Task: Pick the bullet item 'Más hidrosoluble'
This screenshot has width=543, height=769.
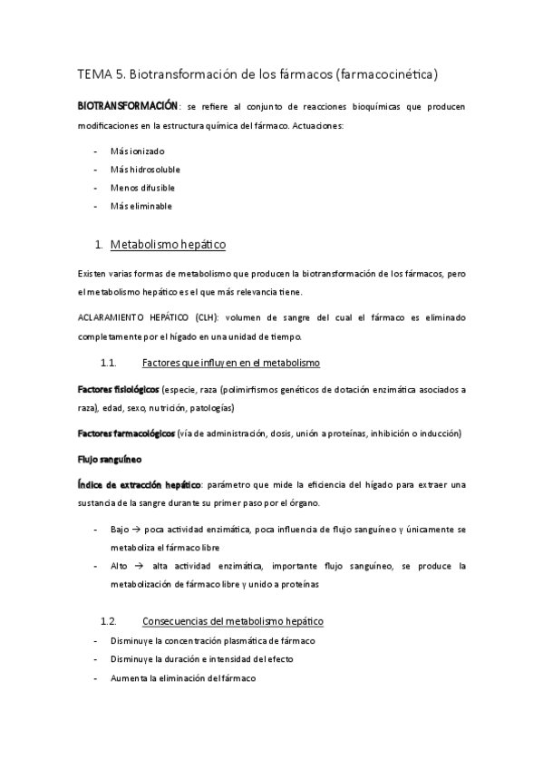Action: pyautogui.click(x=144, y=170)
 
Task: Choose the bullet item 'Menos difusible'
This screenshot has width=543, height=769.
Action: pyautogui.click(x=142, y=188)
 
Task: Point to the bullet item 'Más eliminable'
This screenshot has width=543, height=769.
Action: pyautogui.click(x=141, y=206)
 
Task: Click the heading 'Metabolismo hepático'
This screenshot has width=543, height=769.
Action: pyautogui.click(x=168, y=245)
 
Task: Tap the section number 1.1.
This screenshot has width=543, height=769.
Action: pyautogui.click(x=110, y=363)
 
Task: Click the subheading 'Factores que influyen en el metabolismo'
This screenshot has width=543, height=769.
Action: pyautogui.click(x=231, y=363)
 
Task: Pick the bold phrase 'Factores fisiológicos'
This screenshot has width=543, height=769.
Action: pyautogui.click(x=118, y=389)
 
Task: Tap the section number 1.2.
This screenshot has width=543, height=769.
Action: pyautogui.click(x=110, y=621)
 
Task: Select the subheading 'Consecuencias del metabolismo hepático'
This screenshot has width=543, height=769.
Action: pyautogui.click(x=233, y=621)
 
